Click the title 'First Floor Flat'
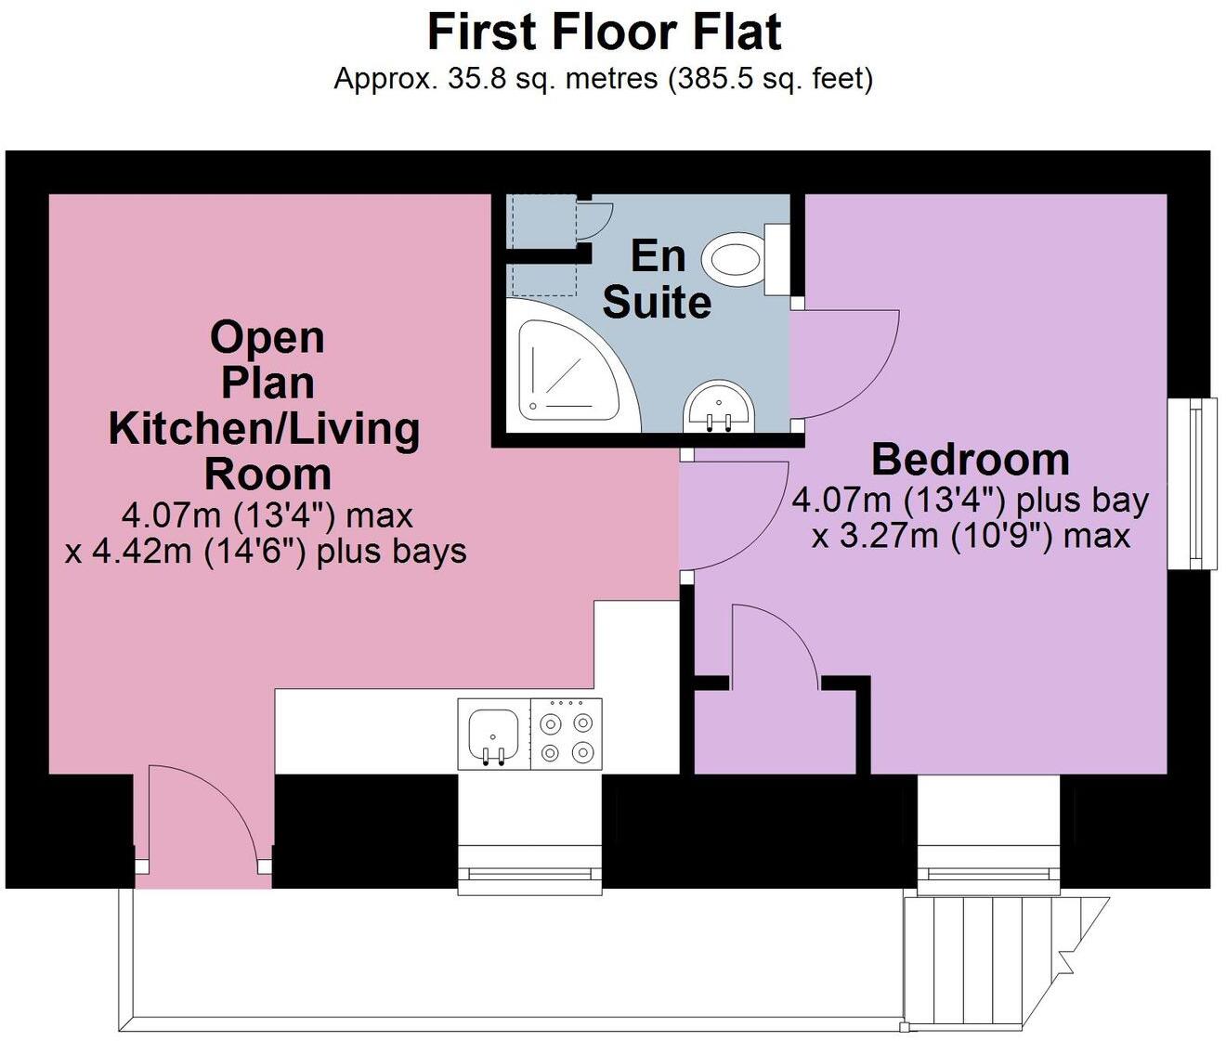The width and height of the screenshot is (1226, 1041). (x=604, y=33)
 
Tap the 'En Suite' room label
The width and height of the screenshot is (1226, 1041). (x=658, y=279)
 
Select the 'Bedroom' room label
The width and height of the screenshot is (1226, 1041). (x=971, y=460)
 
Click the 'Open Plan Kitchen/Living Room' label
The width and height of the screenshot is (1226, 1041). (x=266, y=405)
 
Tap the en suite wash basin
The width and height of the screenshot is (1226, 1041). (x=720, y=409)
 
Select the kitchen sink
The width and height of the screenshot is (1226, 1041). (x=493, y=735)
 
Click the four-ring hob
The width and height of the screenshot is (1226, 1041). (x=567, y=735)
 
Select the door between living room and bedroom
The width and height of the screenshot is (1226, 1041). (x=729, y=515)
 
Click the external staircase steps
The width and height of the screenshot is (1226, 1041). (x=985, y=961)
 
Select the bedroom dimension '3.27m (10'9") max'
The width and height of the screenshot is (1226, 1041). (x=971, y=537)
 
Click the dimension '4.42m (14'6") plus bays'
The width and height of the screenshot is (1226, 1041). (x=266, y=552)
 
